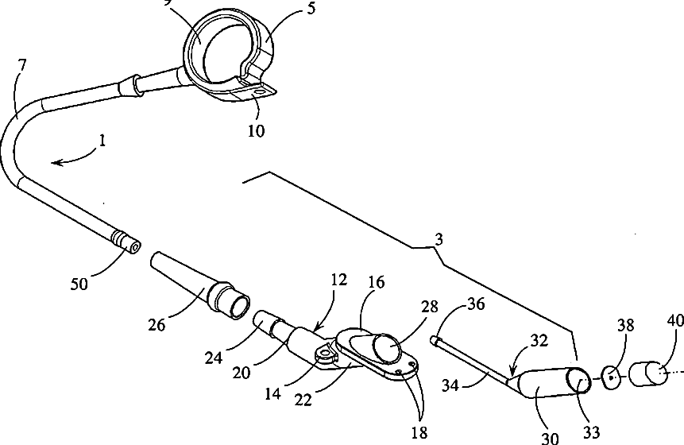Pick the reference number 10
coord(256,129)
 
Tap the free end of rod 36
coord(435,341)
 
